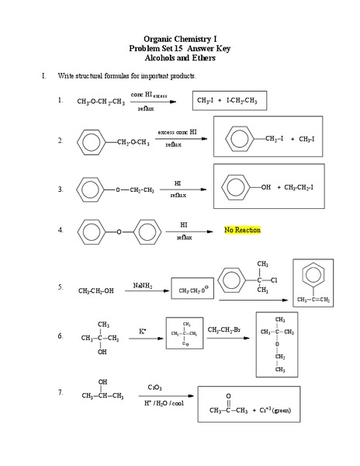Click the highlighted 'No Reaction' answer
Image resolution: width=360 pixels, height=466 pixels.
242,231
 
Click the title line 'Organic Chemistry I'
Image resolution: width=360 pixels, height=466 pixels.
179,38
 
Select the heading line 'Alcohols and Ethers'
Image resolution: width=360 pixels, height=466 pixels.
179,58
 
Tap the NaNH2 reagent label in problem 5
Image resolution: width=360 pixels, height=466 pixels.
142,286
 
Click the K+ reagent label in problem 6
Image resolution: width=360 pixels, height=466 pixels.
143,331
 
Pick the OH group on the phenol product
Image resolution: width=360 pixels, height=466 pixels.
266,187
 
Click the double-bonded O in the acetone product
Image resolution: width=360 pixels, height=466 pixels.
228,396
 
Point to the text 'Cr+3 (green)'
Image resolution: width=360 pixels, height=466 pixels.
275,410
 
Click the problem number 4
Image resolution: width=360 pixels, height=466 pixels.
60,231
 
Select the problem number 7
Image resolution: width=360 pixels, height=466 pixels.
60,392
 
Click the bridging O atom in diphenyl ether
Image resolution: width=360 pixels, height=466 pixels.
119,231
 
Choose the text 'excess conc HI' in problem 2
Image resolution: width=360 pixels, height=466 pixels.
177,133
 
